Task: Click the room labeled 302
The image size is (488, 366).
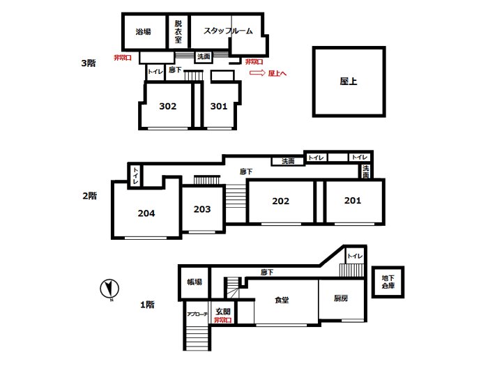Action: click(168, 107)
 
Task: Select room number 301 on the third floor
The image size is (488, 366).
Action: click(219, 107)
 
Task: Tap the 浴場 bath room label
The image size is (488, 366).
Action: click(143, 31)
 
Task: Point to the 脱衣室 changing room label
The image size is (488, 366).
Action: click(178, 31)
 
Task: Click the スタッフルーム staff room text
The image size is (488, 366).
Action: click(228, 31)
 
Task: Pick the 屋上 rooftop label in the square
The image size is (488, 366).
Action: click(349, 82)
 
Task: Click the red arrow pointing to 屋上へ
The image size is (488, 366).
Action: click(257, 73)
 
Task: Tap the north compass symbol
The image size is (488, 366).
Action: click(109, 289)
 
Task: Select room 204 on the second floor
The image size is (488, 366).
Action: click(146, 213)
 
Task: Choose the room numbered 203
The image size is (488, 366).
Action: click(202, 209)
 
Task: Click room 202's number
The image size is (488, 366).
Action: click(281, 201)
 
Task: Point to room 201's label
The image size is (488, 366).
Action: click(353, 201)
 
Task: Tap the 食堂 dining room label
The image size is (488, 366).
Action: click(282, 300)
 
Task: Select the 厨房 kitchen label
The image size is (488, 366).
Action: click(341, 298)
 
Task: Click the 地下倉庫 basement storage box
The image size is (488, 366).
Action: click(388, 282)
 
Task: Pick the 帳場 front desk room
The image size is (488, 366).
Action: click(195, 282)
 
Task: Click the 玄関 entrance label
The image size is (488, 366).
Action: click(223, 311)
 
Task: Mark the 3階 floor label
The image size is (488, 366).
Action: click(89, 63)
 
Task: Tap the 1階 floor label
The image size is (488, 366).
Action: click(147, 305)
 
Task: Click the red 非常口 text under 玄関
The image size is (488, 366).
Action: click(223, 319)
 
